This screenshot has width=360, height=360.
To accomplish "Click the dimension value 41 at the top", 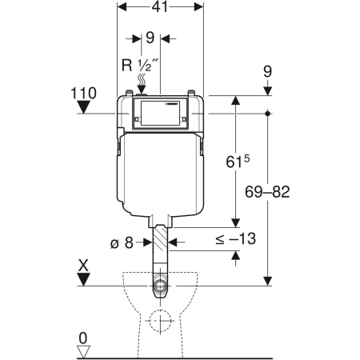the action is [160, 7].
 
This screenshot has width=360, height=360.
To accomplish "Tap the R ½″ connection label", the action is [140, 65].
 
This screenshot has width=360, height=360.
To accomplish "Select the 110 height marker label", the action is [83, 94].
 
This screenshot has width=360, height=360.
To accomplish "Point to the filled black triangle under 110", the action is [83, 107].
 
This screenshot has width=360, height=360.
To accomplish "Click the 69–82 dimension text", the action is [267, 192].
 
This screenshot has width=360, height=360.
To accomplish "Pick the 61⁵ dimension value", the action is [238, 162].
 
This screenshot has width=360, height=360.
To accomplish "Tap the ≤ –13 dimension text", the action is [236, 238].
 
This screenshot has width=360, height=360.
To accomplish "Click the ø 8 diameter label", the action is [122, 243].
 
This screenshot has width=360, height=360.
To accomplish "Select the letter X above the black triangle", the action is [84, 266].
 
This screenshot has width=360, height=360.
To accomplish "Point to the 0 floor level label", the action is [83, 338].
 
